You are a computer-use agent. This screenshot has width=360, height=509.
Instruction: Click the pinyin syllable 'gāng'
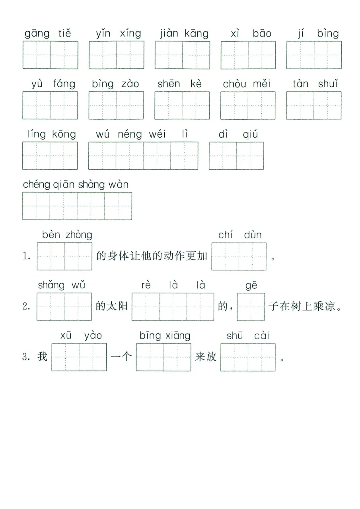[x=37, y=34]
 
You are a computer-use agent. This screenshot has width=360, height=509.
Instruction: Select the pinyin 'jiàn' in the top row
[x=169, y=34]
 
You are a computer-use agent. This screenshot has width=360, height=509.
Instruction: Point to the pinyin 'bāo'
[x=262, y=33]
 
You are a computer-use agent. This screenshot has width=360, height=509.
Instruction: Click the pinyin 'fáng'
[x=64, y=84]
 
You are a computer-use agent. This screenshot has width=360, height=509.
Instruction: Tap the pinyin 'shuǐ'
[x=328, y=84]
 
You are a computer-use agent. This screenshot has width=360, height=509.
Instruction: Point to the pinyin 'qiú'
[x=250, y=135]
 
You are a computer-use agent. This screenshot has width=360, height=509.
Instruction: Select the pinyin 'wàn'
[x=117, y=185]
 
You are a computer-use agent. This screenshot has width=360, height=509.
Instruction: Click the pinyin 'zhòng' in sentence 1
[x=79, y=235]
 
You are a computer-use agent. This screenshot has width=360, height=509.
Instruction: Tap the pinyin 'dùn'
[x=253, y=235]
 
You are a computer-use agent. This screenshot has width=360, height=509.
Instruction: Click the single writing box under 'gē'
[x=251, y=307]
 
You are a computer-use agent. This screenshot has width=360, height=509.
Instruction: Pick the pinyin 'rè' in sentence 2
[x=146, y=285]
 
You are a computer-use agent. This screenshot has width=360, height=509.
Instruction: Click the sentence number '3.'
[x=26, y=357]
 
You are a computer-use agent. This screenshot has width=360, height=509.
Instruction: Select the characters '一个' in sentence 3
[x=121, y=357]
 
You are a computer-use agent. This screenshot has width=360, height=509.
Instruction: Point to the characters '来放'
[x=206, y=357]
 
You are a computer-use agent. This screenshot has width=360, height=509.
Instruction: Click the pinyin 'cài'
[x=262, y=336]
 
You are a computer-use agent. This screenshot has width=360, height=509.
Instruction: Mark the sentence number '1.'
[x=27, y=256]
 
